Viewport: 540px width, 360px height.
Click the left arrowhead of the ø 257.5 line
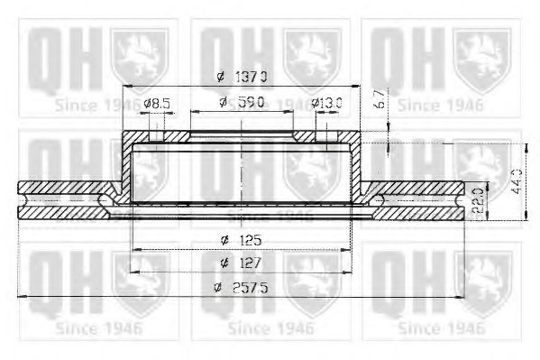pyautogui.click(x=23, y=294)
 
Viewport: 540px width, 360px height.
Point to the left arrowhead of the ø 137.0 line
pyautogui.click(x=124, y=86)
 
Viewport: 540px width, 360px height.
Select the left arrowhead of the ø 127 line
pyautogui.click(x=131, y=271)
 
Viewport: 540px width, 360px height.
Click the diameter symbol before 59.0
pyautogui.click(x=223, y=104)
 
